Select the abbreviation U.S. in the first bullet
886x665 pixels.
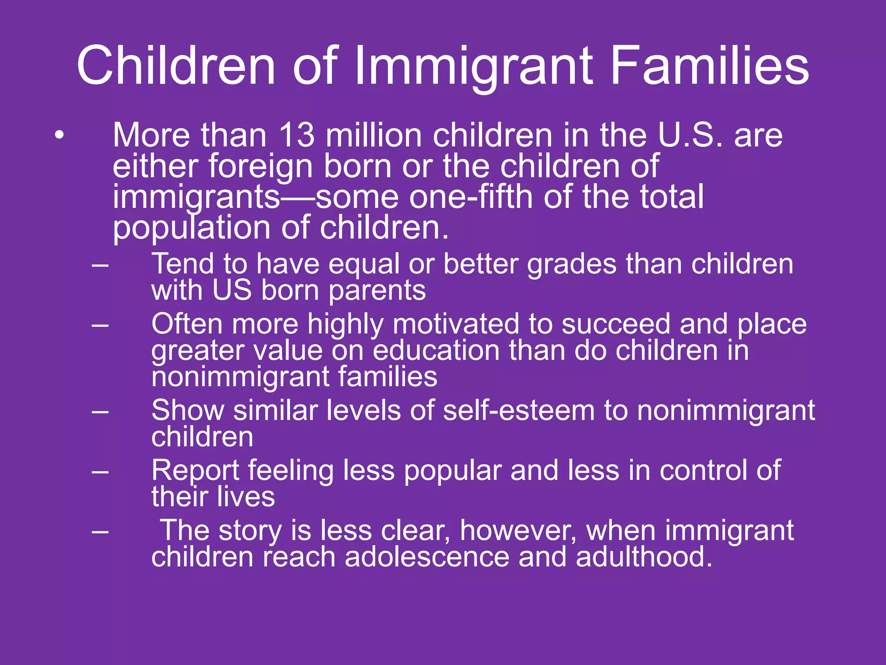click(x=690, y=136)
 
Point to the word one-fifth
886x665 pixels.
click(x=471, y=197)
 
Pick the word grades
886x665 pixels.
click(x=571, y=265)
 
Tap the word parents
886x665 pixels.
click(x=377, y=291)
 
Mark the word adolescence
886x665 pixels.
click(x=427, y=557)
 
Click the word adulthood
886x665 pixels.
click(x=644, y=557)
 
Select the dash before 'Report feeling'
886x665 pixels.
click(x=100, y=471)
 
